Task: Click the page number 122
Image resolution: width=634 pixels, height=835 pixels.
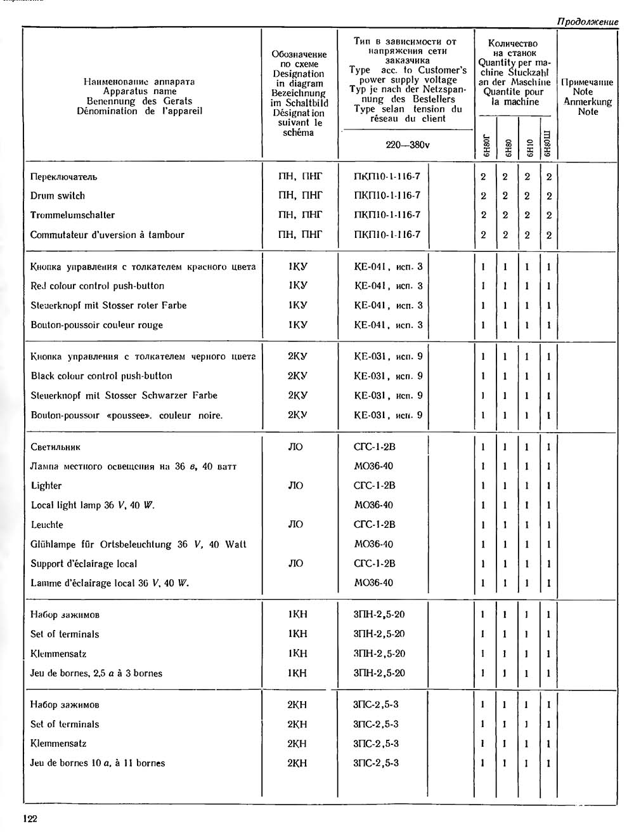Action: [x=30, y=819]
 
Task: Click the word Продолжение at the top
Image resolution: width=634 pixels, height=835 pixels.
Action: [x=587, y=22]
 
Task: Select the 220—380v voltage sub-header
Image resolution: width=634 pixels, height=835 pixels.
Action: [x=407, y=145]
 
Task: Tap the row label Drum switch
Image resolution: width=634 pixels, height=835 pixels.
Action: [x=57, y=195]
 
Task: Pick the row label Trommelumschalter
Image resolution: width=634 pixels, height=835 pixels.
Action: [x=72, y=215]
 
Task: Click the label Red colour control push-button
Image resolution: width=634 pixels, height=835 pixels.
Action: [x=97, y=286]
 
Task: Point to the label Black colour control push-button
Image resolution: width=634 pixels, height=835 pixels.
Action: [x=101, y=376]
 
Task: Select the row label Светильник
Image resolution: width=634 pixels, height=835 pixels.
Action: [x=55, y=447]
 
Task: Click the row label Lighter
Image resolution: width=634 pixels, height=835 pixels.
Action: [x=46, y=485]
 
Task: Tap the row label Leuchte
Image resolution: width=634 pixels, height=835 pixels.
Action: [x=47, y=525]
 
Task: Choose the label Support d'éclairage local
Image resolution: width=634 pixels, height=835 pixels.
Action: [x=84, y=563]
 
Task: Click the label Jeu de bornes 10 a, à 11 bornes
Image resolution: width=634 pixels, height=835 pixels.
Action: [x=97, y=763]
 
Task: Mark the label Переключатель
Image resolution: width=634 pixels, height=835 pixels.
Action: [x=63, y=176]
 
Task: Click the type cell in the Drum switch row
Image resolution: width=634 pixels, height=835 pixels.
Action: [x=387, y=195]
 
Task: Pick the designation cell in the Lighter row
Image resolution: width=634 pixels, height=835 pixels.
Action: [x=295, y=485]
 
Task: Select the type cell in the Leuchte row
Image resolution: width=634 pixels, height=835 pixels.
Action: [x=374, y=524]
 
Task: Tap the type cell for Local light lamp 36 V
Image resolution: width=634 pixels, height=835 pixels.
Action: [x=373, y=505]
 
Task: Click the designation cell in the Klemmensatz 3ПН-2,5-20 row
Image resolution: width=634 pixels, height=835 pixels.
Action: [x=297, y=654]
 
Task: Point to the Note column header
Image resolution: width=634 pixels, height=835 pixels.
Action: [x=587, y=96]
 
